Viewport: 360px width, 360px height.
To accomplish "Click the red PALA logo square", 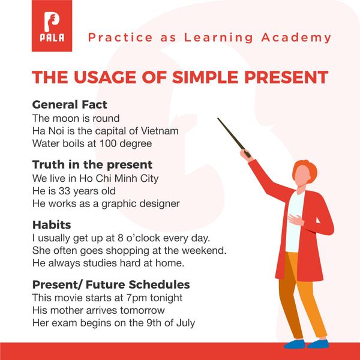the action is (52, 26).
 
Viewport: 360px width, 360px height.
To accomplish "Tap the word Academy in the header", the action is (296, 38).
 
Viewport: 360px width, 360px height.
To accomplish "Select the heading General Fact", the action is (70, 104).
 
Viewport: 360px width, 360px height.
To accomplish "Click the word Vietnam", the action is (160, 131).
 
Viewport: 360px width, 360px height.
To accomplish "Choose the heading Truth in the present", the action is (92, 164).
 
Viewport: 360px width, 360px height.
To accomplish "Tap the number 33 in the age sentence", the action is (65, 191).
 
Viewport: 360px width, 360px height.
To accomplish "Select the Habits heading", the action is (52, 224).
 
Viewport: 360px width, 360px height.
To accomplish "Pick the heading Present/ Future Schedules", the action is (111, 284).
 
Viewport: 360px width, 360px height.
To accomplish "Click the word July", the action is (185, 323).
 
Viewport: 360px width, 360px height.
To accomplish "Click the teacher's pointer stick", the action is (234, 137).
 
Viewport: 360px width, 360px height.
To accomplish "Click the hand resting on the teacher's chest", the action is (296, 219).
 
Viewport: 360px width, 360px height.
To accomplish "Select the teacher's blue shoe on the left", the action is (295, 344).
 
